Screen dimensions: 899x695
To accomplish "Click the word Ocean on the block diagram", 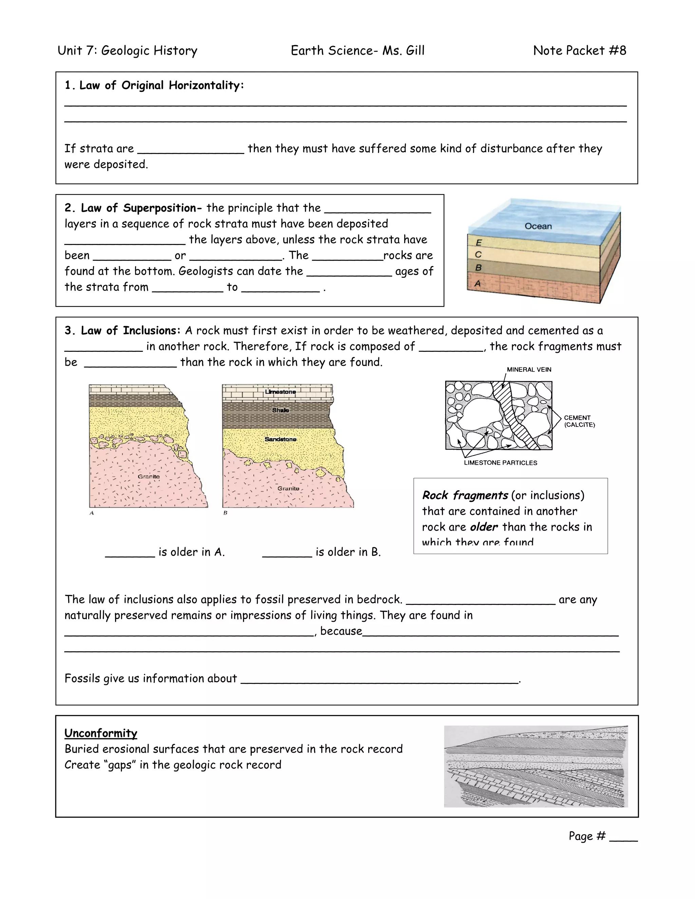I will point(538,226).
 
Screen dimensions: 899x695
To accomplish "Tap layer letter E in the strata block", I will point(478,243).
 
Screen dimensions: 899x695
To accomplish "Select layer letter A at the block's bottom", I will point(477,283).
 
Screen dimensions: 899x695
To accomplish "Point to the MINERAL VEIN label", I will point(529,370).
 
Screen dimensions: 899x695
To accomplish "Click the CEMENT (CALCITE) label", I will point(579,421).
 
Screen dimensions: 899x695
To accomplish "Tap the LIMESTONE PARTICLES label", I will point(500,463).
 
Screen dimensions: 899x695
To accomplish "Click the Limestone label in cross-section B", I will point(280,391).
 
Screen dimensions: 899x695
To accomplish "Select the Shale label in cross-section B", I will point(280,410).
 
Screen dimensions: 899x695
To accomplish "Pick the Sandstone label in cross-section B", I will point(280,439).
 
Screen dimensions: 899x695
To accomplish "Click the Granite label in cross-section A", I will point(149,476).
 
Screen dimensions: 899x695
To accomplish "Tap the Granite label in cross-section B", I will point(288,488).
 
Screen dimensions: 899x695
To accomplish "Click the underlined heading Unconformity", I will point(101,733).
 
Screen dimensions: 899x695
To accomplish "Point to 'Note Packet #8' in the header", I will point(579,51).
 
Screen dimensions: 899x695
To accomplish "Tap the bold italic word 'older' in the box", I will point(484,527).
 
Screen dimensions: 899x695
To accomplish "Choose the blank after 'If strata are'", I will point(191,150).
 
